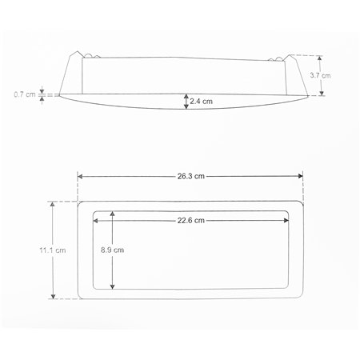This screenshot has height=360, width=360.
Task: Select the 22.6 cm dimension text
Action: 191,220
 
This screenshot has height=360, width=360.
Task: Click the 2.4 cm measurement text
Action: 202,102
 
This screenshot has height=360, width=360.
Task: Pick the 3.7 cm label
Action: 319,74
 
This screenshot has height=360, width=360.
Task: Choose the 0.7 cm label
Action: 25,94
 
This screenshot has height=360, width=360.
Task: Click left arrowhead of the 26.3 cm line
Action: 80,177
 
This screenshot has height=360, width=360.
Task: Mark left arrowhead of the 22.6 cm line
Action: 96,220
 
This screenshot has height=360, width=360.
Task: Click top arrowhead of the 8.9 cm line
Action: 113,214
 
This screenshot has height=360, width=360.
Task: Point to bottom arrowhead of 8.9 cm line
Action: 113,287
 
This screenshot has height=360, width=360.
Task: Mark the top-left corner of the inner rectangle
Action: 94,212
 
